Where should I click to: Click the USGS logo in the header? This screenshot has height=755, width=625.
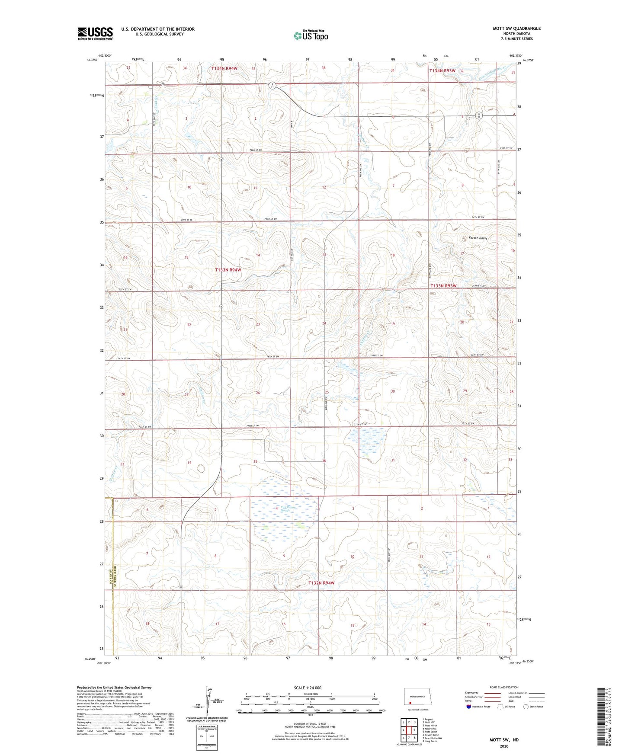[x=95, y=33]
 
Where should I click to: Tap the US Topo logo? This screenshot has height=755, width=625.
[x=310, y=35]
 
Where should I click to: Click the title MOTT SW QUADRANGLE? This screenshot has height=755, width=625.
[x=516, y=29]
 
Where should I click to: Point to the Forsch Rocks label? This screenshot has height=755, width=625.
[x=478, y=238]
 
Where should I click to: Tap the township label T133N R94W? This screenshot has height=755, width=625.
[x=228, y=270]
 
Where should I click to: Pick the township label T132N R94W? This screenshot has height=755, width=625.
[x=321, y=583]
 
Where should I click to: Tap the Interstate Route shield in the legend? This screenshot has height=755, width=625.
[x=469, y=707]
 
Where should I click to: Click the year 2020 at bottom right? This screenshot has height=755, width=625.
[x=504, y=746]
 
